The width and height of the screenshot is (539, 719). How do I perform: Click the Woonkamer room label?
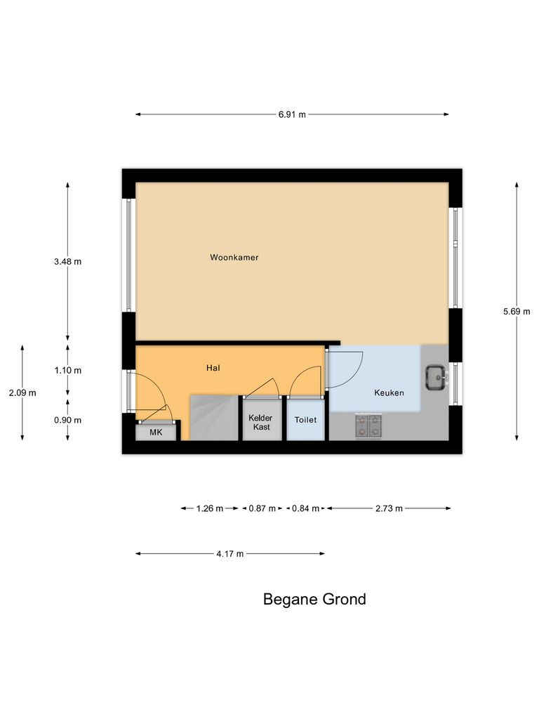pyautogui.click(x=234, y=258)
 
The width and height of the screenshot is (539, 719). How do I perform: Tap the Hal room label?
pyautogui.click(x=214, y=367)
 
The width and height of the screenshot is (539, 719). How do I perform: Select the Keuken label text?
pyautogui.click(x=389, y=393)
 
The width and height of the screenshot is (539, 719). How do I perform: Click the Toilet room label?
pyautogui.click(x=306, y=420)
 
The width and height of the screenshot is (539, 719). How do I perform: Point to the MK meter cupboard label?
pyautogui.click(x=156, y=433)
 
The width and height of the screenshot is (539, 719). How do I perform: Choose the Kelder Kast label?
pyautogui.click(x=260, y=422)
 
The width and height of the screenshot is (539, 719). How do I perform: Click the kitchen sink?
pyautogui.click(x=436, y=377)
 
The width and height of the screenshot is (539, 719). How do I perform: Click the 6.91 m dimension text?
pyautogui.click(x=292, y=114)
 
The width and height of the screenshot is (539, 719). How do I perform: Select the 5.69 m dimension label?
pyautogui.click(x=517, y=311)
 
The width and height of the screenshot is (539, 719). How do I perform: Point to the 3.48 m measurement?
pyautogui.click(x=67, y=262)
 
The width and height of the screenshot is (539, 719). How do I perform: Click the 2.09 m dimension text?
pyautogui.click(x=22, y=393)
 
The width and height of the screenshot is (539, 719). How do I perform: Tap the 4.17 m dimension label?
pyautogui.click(x=230, y=554)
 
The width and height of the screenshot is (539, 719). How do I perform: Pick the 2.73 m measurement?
pyautogui.click(x=389, y=508)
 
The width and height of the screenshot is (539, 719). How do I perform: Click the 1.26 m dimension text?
pyautogui.click(x=209, y=508)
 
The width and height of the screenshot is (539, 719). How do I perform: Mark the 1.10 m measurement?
pyautogui.click(x=67, y=370)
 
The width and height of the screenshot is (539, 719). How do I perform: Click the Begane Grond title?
pyautogui.click(x=314, y=600)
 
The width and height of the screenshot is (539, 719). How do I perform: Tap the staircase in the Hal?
pyautogui.click(x=214, y=418)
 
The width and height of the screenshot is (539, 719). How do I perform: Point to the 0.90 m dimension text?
pyautogui.click(x=67, y=421)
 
